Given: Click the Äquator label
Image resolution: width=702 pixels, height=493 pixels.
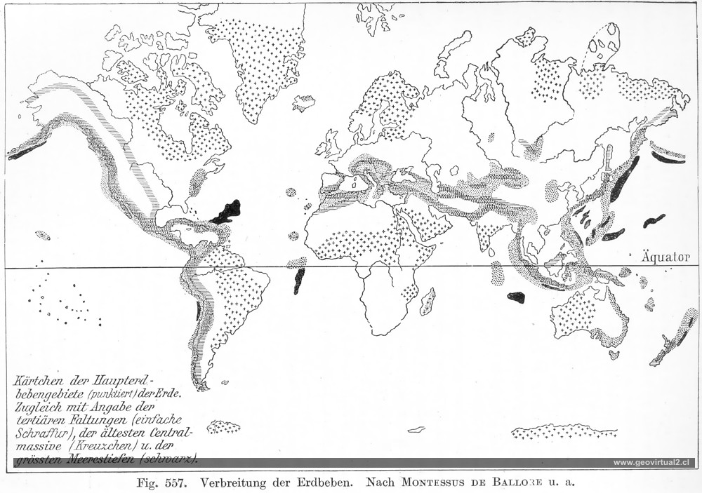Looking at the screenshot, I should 665,257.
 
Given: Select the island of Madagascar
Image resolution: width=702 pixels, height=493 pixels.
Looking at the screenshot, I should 427,302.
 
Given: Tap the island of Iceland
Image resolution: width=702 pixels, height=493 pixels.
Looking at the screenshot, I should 303,103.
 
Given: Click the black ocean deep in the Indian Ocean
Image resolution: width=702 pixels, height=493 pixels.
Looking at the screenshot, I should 516,297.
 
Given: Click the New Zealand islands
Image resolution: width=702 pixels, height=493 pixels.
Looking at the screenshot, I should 672,339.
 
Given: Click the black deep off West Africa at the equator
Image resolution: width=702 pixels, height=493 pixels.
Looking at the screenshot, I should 299,280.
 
